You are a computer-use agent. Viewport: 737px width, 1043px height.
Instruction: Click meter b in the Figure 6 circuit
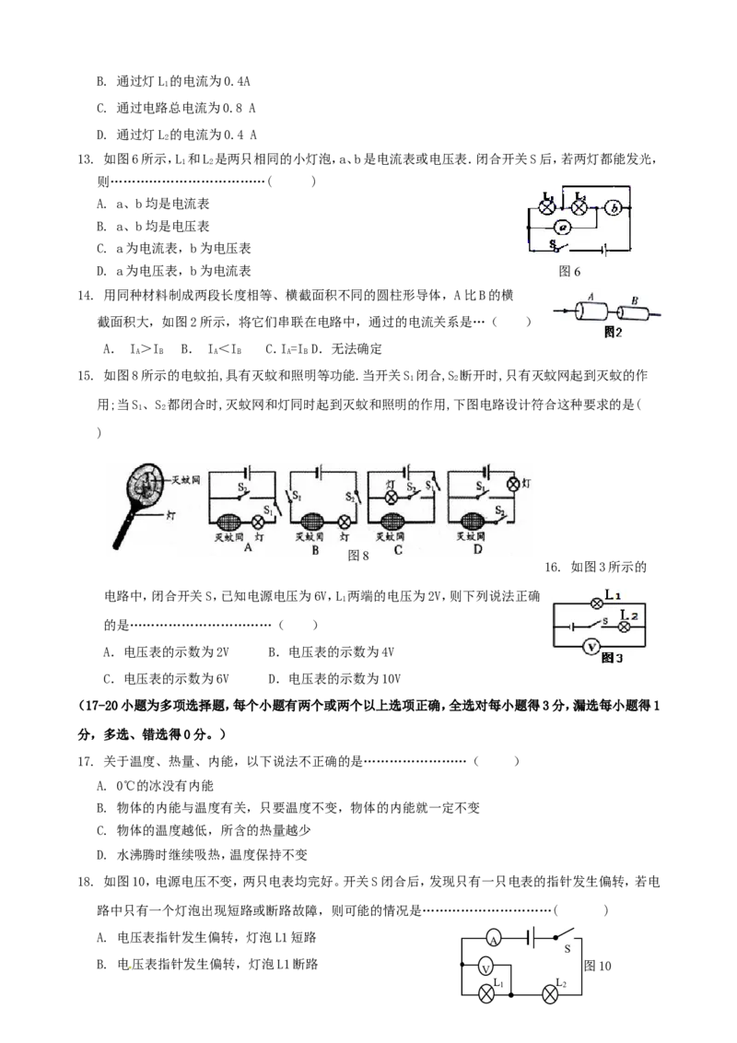point(614,208)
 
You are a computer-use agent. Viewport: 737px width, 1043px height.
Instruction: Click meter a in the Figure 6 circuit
point(564,227)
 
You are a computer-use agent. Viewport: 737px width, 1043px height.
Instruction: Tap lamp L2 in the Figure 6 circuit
point(579,207)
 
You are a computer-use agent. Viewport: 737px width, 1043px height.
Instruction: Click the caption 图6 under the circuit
point(569,272)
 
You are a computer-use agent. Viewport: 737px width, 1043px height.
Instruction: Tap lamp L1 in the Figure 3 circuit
point(597,604)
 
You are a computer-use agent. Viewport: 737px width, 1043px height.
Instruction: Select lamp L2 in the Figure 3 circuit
point(624,626)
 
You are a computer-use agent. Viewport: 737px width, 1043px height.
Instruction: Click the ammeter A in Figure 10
point(493,939)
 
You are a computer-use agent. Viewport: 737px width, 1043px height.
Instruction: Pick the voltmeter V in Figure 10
point(485,967)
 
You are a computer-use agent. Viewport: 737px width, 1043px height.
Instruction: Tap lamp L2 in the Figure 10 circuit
point(550,995)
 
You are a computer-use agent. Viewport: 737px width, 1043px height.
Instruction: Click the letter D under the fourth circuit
point(477,550)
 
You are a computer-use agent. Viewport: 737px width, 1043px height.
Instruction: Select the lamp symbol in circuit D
point(512,485)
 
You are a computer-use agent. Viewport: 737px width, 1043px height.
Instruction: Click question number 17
point(85,762)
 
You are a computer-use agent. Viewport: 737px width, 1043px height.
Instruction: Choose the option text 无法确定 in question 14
point(357,348)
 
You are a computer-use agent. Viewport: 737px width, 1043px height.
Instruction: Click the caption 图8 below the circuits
point(357,556)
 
